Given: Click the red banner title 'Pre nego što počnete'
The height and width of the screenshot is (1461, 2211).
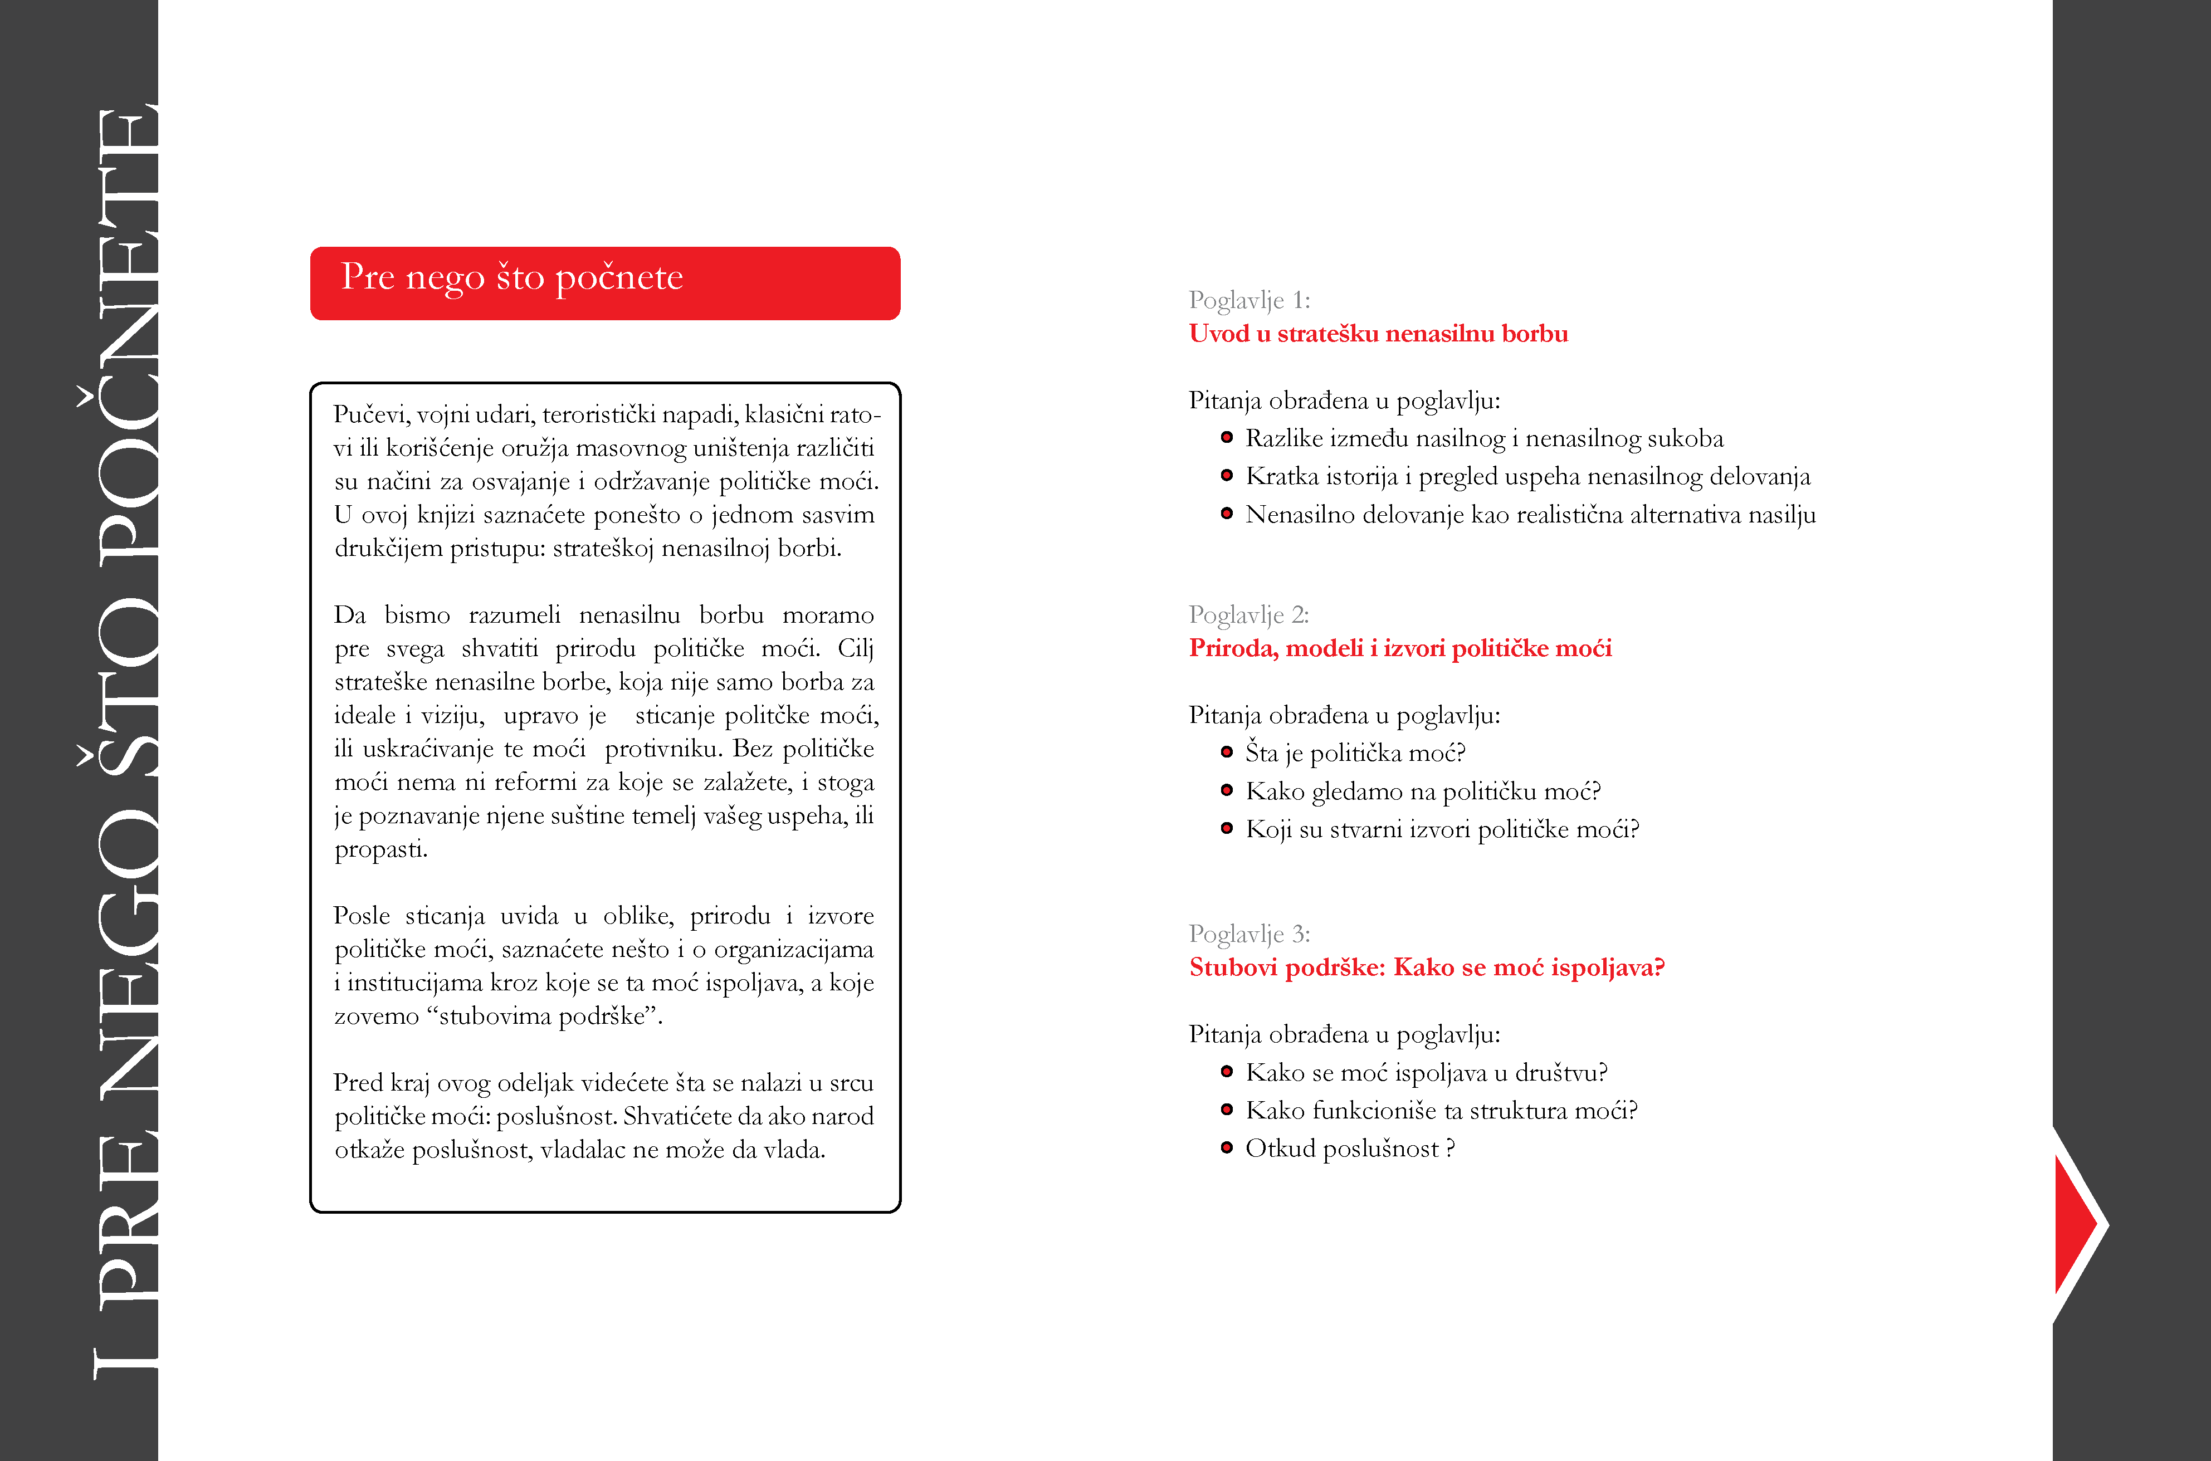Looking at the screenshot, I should [x=511, y=278].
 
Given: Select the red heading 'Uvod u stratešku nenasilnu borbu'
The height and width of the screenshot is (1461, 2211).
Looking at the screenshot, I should [x=1378, y=334].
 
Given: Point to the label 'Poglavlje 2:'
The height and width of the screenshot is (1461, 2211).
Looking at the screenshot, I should [x=1248, y=615].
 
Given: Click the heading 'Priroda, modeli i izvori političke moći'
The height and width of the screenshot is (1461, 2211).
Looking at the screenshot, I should [x=1399, y=648].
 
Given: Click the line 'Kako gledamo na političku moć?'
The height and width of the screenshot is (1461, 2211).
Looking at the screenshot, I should [x=1423, y=791].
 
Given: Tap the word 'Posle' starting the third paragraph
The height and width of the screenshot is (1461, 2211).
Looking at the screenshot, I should [x=362, y=916].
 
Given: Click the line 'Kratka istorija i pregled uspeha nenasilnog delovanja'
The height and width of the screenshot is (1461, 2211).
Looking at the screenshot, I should [x=1527, y=477].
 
